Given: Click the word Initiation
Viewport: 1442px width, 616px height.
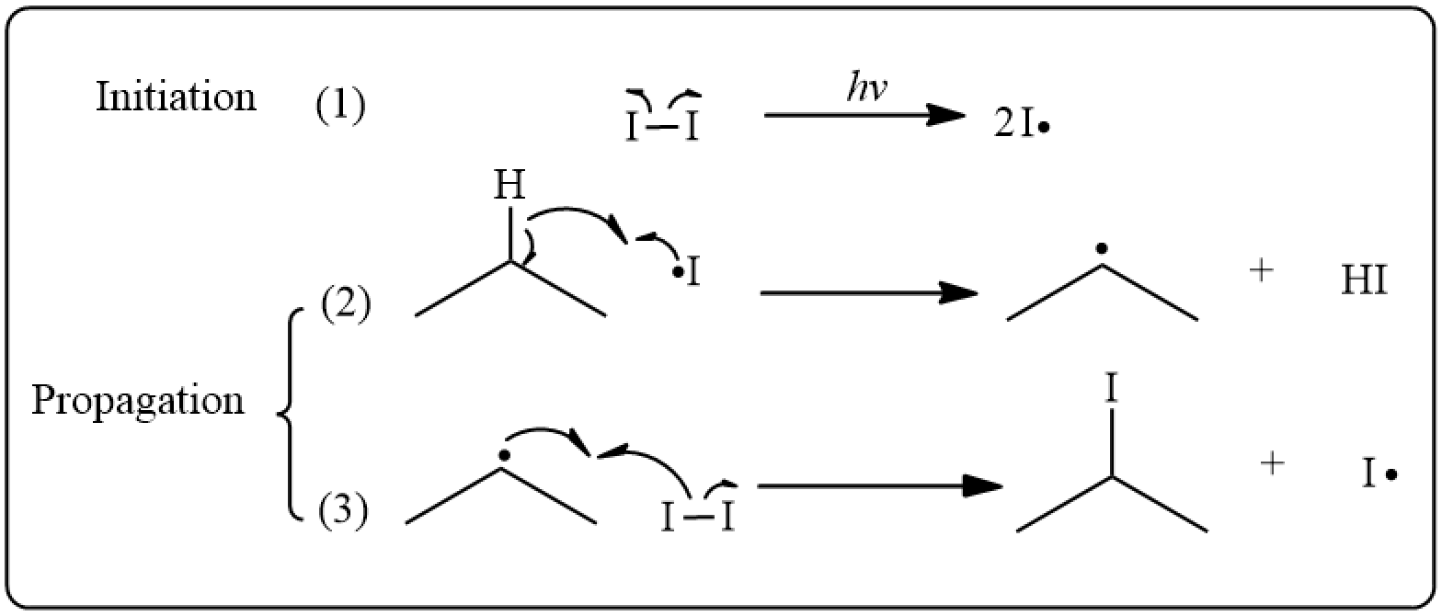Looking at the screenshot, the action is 176,97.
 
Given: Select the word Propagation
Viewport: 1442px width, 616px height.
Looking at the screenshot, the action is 138,402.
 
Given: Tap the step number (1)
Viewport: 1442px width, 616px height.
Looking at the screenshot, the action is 340,107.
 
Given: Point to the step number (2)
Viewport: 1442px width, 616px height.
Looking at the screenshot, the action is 347,304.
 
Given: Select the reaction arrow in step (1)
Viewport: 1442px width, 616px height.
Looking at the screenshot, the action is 865,116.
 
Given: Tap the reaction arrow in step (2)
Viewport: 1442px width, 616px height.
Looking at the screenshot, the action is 869,293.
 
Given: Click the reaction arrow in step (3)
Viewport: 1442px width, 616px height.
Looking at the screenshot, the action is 880,486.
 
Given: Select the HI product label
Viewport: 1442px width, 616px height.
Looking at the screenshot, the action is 1364,280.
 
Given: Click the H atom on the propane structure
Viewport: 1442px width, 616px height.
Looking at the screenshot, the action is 509,185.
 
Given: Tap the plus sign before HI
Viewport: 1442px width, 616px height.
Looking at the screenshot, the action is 1261,270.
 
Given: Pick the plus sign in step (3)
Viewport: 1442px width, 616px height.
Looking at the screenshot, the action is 1271,463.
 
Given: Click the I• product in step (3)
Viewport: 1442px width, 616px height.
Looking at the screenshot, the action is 1379,475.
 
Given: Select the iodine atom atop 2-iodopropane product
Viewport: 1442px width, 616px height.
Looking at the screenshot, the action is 1111,389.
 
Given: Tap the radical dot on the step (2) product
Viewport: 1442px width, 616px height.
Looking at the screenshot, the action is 1102,248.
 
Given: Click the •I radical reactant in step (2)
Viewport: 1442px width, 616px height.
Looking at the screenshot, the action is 686,271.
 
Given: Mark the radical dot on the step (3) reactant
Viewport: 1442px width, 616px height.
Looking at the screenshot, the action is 504,456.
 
